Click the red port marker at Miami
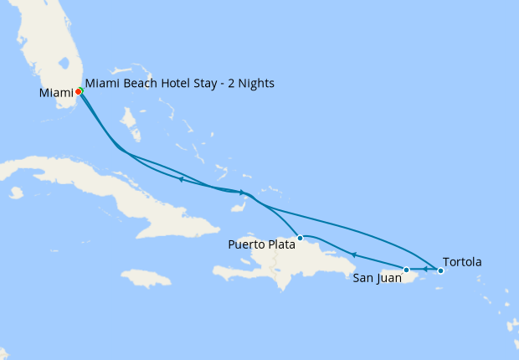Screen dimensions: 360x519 click(78, 91)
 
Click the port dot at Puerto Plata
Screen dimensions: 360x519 click(300, 238)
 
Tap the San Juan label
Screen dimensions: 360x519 click(378, 278)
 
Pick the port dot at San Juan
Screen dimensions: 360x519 click(407, 270)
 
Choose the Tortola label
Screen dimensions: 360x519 click(461, 262)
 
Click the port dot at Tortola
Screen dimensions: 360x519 click(441, 270)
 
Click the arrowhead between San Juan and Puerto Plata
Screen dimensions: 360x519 click(353, 255)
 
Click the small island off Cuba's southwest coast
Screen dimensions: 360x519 click(16, 193)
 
